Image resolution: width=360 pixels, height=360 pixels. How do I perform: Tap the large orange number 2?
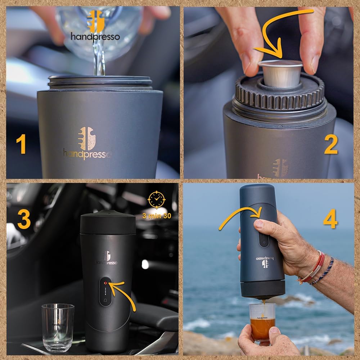coord(330,145)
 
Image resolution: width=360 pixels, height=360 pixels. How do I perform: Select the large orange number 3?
coord(24,219)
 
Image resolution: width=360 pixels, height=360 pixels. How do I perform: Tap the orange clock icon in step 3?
coord(157,199)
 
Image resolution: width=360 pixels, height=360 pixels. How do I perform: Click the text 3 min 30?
coord(157,216)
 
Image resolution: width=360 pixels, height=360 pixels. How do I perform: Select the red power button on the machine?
coord(105,283)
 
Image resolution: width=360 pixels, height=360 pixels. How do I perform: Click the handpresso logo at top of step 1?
coord(95,27)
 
